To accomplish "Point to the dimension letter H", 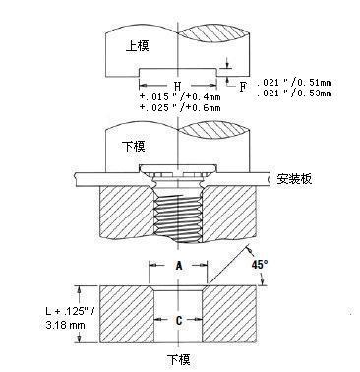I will (x=177, y=86).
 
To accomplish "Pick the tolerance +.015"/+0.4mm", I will (x=178, y=95).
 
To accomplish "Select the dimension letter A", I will (x=178, y=266).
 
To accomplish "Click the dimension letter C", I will (x=178, y=320).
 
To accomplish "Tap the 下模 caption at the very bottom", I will (x=178, y=357).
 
